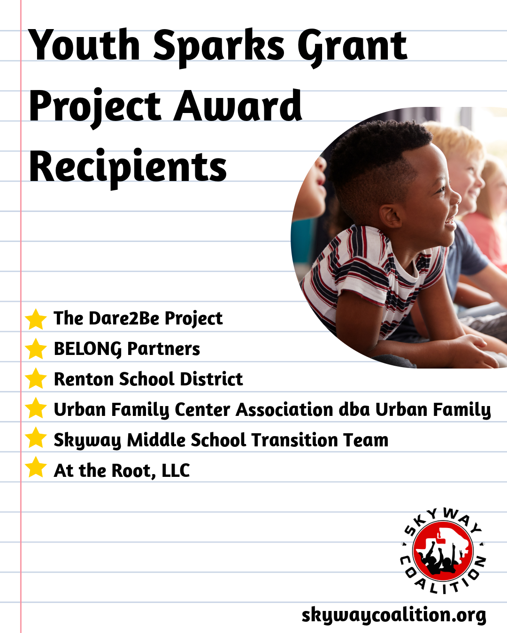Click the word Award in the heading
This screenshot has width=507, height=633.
point(238,106)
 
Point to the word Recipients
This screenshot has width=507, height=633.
point(128,167)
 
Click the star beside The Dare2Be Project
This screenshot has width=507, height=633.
point(36,319)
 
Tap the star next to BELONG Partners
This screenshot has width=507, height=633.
point(36,349)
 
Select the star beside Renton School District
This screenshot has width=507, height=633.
point(36,379)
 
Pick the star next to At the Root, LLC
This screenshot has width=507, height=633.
point(36,468)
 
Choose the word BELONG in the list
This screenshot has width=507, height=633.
point(88,349)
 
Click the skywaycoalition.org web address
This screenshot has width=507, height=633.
point(393,615)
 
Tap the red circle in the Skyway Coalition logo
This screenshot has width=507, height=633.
point(443,551)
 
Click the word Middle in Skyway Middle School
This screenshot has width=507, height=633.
point(156,440)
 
